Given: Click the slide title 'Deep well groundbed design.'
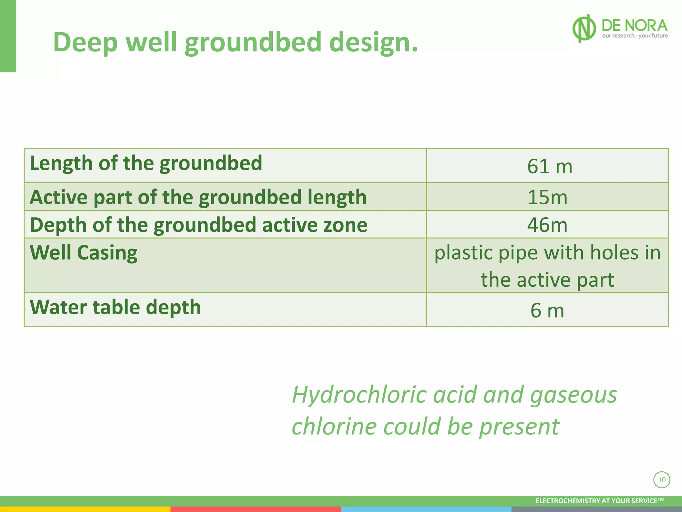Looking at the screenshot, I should (235, 42).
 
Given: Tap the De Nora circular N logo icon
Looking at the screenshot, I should (584, 28).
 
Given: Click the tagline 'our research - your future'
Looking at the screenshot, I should (635, 36).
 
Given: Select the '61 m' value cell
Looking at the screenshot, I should (549, 166).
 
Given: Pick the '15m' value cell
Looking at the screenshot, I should (547, 197).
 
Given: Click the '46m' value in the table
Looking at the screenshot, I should (547, 225).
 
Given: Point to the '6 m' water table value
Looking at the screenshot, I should (547, 310).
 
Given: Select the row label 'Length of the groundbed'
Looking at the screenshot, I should (146, 163).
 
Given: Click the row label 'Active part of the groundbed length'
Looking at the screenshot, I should (198, 197).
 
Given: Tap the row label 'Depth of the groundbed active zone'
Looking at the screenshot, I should (198, 225).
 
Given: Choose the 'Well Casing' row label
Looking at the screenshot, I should (84, 252).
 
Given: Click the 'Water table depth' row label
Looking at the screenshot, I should (115, 307).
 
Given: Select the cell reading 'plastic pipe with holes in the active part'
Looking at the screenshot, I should (547, 266).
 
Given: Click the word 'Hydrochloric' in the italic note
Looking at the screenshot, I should (359, 394).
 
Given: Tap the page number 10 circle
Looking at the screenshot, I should (662, 480).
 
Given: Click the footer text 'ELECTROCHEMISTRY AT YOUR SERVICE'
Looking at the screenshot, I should (599, 501).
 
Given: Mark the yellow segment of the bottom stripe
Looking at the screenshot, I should (85, 509).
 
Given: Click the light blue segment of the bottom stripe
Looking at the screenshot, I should (426, 509).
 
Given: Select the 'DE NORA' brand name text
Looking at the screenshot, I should (634, 25).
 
